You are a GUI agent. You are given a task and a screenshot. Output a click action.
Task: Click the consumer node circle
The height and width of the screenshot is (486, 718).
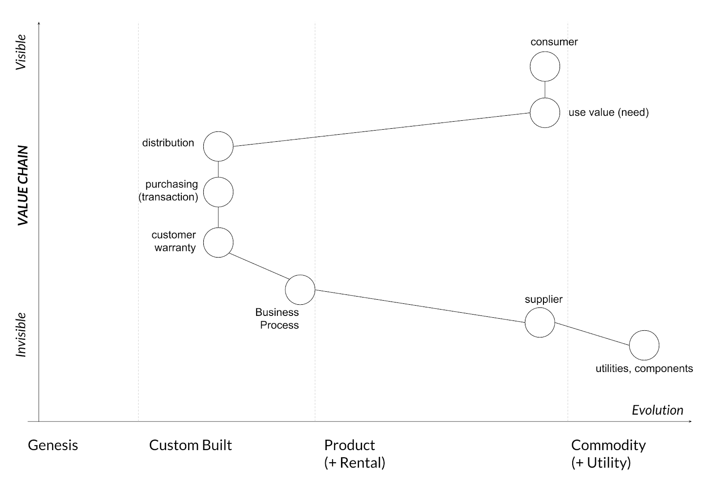pyautogui.click(x=545, y=66)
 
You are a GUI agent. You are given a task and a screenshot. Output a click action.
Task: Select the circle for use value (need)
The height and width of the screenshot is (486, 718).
pyautogui.click(x=545, y=113)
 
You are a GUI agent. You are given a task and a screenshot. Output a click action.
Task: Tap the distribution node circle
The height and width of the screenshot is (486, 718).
pyautogui.click(x=218, y=146)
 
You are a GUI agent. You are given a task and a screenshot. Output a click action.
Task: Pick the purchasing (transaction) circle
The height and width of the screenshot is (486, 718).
pyautogui.click(x=218, y=192)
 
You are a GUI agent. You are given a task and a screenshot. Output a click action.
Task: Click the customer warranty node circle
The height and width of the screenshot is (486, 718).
pyautogui.click(x=218, y=242)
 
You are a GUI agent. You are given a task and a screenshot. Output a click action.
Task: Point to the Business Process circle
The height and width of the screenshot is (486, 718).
pyautogui.click(x=300, y=289)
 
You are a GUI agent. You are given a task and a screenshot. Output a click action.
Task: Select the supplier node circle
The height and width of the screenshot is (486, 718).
pyautogui.click(x=539, y=322)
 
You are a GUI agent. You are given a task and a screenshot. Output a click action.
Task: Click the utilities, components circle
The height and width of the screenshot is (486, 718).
pyautogui.click(x=644, y=345)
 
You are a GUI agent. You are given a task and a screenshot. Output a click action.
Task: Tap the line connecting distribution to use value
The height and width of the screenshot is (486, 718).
pyautogui.click(x=381, y=130)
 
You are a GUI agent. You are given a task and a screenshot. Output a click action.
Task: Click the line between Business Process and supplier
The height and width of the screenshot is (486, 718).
pyautogui.click(x=420, y=306)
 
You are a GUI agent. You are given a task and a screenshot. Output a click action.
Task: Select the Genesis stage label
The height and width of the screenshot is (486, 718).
pyautogui.click(x=53, y=445)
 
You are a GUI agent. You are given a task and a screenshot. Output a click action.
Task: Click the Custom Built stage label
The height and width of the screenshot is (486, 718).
pyautogui.click(x=190, y=445)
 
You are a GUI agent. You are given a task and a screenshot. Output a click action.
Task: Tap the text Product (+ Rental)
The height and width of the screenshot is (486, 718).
pyautogui.click(x=355, y=454)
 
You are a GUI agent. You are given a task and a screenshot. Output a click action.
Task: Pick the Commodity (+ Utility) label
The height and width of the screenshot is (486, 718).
pyautogui.click(x=608, y=454)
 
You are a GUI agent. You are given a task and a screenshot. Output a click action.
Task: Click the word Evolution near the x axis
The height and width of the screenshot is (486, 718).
pyautogui.click(x=657, y=410)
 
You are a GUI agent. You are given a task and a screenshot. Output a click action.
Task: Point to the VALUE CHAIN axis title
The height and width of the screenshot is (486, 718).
pyautogui.click(x=23, y=185)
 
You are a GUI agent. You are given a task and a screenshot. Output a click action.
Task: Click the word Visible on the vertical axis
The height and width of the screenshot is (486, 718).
pyautogui.click(x=21, y=52)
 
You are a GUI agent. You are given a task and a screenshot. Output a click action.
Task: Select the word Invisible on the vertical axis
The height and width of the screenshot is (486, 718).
pyautogui.click(x=21, y=335)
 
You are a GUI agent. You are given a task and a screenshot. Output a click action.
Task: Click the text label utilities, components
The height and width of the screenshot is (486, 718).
pyautogui.click(x=644, y=368)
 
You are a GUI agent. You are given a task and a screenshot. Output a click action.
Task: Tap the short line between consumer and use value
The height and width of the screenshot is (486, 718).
pyautogui.click(x=545, y=89)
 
